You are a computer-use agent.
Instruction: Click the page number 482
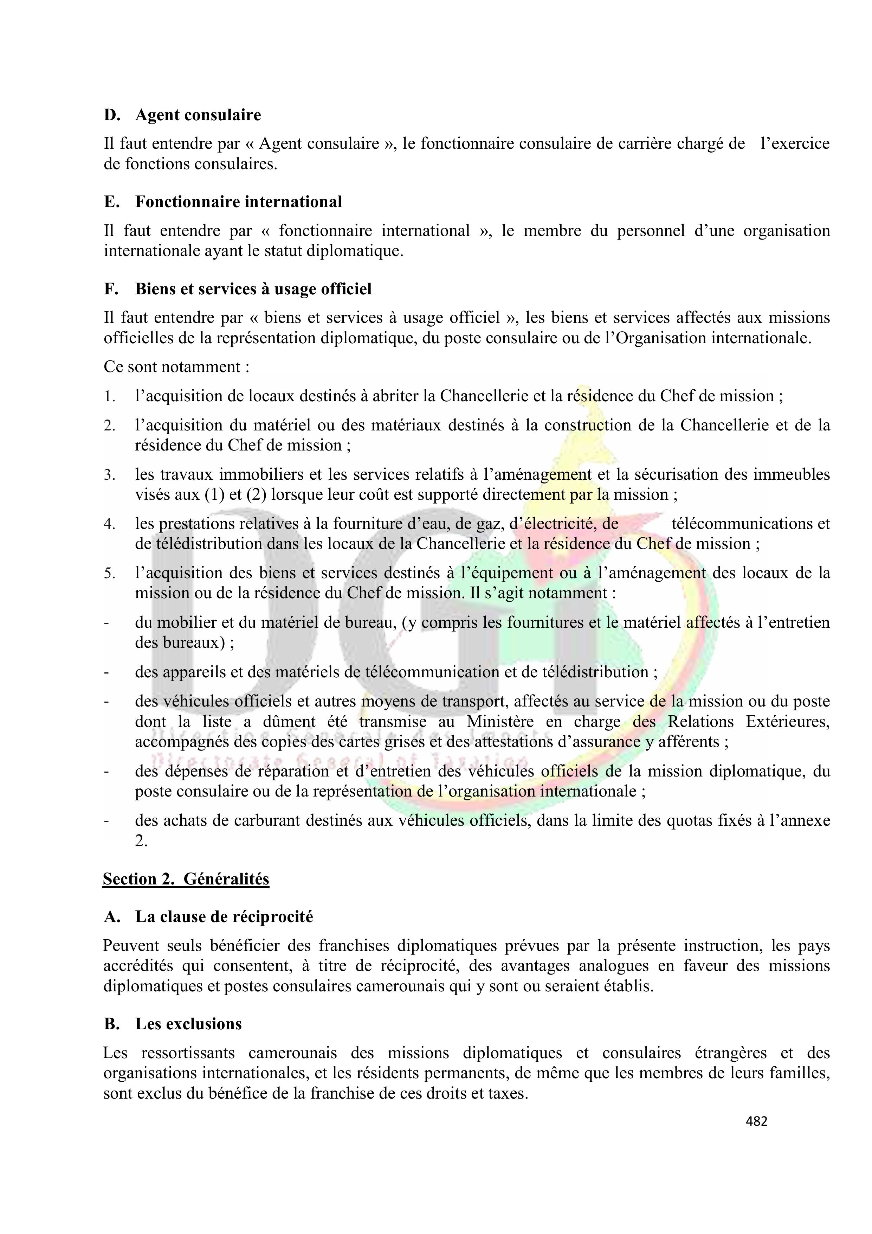(x=756, y=1121)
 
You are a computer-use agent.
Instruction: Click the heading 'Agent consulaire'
(x=198, y=115)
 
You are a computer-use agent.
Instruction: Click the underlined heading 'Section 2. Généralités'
(x=186, y=879)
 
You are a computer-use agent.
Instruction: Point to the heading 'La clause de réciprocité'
(x=224, y=916)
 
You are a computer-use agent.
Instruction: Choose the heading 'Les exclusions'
(x=188, y=1024)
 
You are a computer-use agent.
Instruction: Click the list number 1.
(x=110, y=397)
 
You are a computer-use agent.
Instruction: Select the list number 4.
(x=110, y=524)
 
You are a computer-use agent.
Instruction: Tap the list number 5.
(x=110, y=574)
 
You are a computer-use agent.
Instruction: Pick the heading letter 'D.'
(x=112, y=115)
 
